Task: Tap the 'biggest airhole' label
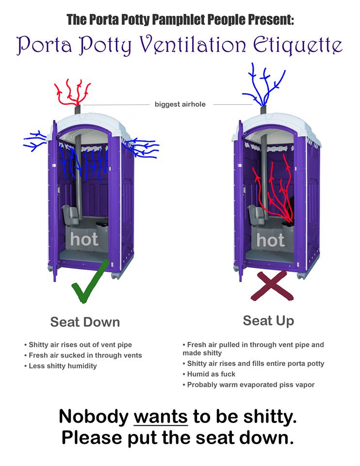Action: (180, 104)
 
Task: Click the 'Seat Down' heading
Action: (85, 322)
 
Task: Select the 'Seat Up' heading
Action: (268, 321)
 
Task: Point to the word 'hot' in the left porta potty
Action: (84, 239)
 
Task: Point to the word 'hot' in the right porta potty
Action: (270, 239)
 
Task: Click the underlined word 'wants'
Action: (160, 416)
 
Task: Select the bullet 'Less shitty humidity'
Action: (63, 366)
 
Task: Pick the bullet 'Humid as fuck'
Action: (211, 374)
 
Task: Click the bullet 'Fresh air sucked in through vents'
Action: (85, 355)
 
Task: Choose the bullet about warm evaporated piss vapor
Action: (251, 384)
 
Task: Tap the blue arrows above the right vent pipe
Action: (264, 85)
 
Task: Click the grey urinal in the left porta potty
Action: (70, 214)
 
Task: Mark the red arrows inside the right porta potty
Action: (274, 189)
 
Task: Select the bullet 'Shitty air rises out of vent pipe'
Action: (80, 345)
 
